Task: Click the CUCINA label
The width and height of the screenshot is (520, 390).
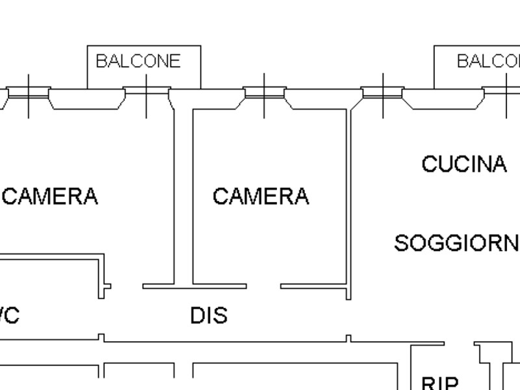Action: (x=463, y=164)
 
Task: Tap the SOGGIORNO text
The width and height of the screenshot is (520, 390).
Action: (x=457, y=243)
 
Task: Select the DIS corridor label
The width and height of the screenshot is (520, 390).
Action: (x=209, y=316)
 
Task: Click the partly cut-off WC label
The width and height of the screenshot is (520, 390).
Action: (x=9, y=316)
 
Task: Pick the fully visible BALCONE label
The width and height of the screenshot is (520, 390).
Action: (x=138, y=61)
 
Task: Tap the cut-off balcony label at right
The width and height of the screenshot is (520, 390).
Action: (x=488, y=61)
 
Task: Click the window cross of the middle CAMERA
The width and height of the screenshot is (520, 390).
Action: (x=264, y=95)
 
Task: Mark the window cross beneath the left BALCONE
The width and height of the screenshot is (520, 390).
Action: (x=146, y=95)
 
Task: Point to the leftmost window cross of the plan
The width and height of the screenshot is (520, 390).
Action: (x=29, y=95)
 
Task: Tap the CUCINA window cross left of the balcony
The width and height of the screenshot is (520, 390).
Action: (x=383, y=95)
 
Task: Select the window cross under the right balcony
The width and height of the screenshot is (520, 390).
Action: (x=506, y=95)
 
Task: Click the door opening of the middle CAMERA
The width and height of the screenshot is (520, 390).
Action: (x=263, y=286)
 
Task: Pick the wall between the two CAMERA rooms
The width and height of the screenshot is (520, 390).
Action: (x=183, y=195)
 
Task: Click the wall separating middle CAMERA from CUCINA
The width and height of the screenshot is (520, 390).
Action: (x=348, y=195)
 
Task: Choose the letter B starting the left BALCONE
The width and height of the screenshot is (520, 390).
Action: (x=100, y=61)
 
